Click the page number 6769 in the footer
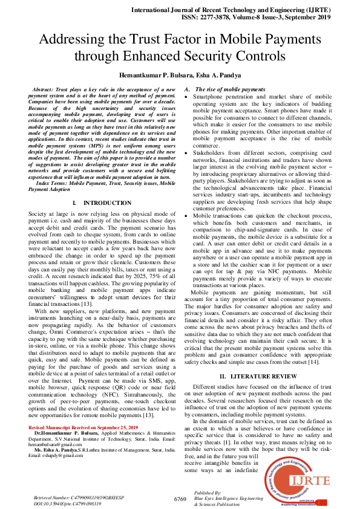pos(180,499)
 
